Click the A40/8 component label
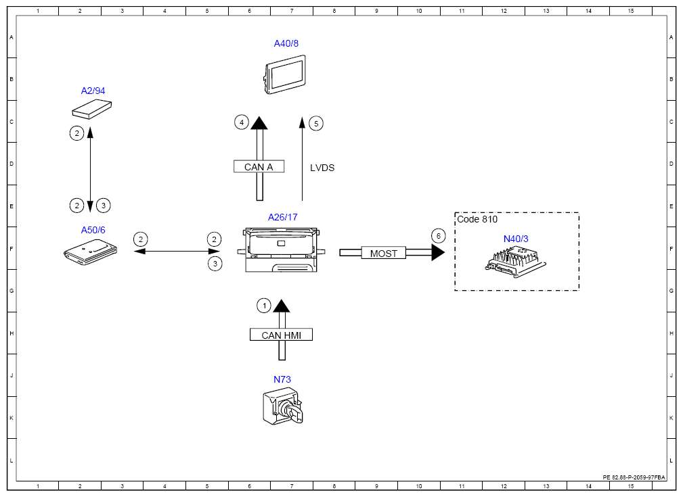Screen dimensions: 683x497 286,43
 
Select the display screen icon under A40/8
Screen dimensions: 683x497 285,74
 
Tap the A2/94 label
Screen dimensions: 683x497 93,91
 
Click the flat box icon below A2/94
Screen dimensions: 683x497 92,109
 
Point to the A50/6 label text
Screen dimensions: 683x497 93,230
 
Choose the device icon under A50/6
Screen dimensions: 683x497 91,253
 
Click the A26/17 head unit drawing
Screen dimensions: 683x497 282,250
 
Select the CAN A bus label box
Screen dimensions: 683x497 259,167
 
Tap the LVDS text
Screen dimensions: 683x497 322,168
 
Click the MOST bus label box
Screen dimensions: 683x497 384,253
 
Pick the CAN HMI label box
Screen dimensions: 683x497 282,335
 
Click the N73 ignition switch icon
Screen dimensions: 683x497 283,406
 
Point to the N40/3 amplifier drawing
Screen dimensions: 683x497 516,261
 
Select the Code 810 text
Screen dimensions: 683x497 477,219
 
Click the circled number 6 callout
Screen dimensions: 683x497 438,236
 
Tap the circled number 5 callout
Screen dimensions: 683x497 316,124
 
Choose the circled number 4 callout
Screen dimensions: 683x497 242,122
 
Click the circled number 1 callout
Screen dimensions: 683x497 264,306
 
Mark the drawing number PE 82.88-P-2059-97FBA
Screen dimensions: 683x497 634,477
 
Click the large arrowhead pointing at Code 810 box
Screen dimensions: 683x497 438,252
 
